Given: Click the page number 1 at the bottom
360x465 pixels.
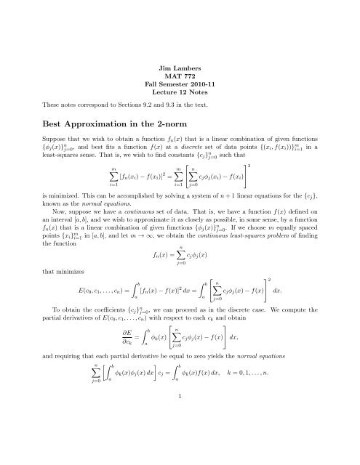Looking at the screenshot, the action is point(180,437).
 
